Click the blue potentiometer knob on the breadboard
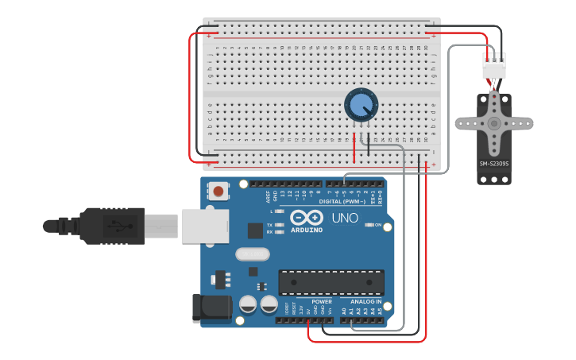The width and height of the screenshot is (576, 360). [x=361, y=105]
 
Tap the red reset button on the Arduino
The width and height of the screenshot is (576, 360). [x=218, y=191]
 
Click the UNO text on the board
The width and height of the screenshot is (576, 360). [x=345, y=218]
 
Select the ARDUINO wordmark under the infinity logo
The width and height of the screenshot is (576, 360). [x=306, y=230]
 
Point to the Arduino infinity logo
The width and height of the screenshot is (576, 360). [x=306, y=217]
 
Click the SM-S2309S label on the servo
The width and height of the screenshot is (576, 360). [x=493, y=164]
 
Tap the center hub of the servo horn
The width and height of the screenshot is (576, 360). [x=493, y=124]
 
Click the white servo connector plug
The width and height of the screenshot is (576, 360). [x=493, y=66]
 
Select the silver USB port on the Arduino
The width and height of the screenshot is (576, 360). [x=204, y=226]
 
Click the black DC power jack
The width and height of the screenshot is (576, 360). [x=211, y=308]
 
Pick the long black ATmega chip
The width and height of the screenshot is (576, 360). [x=331, y=282]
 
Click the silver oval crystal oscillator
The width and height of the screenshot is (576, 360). [x=253, y=254]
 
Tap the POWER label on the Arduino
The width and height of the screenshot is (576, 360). [x=322, y=302]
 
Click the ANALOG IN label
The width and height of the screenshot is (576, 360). [x=366, y=302]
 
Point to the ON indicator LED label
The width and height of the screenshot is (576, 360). [x=378, y=225]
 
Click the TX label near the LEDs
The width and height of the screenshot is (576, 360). [x=269, y=225]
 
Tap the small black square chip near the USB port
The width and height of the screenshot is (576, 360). [x=255, y=230]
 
